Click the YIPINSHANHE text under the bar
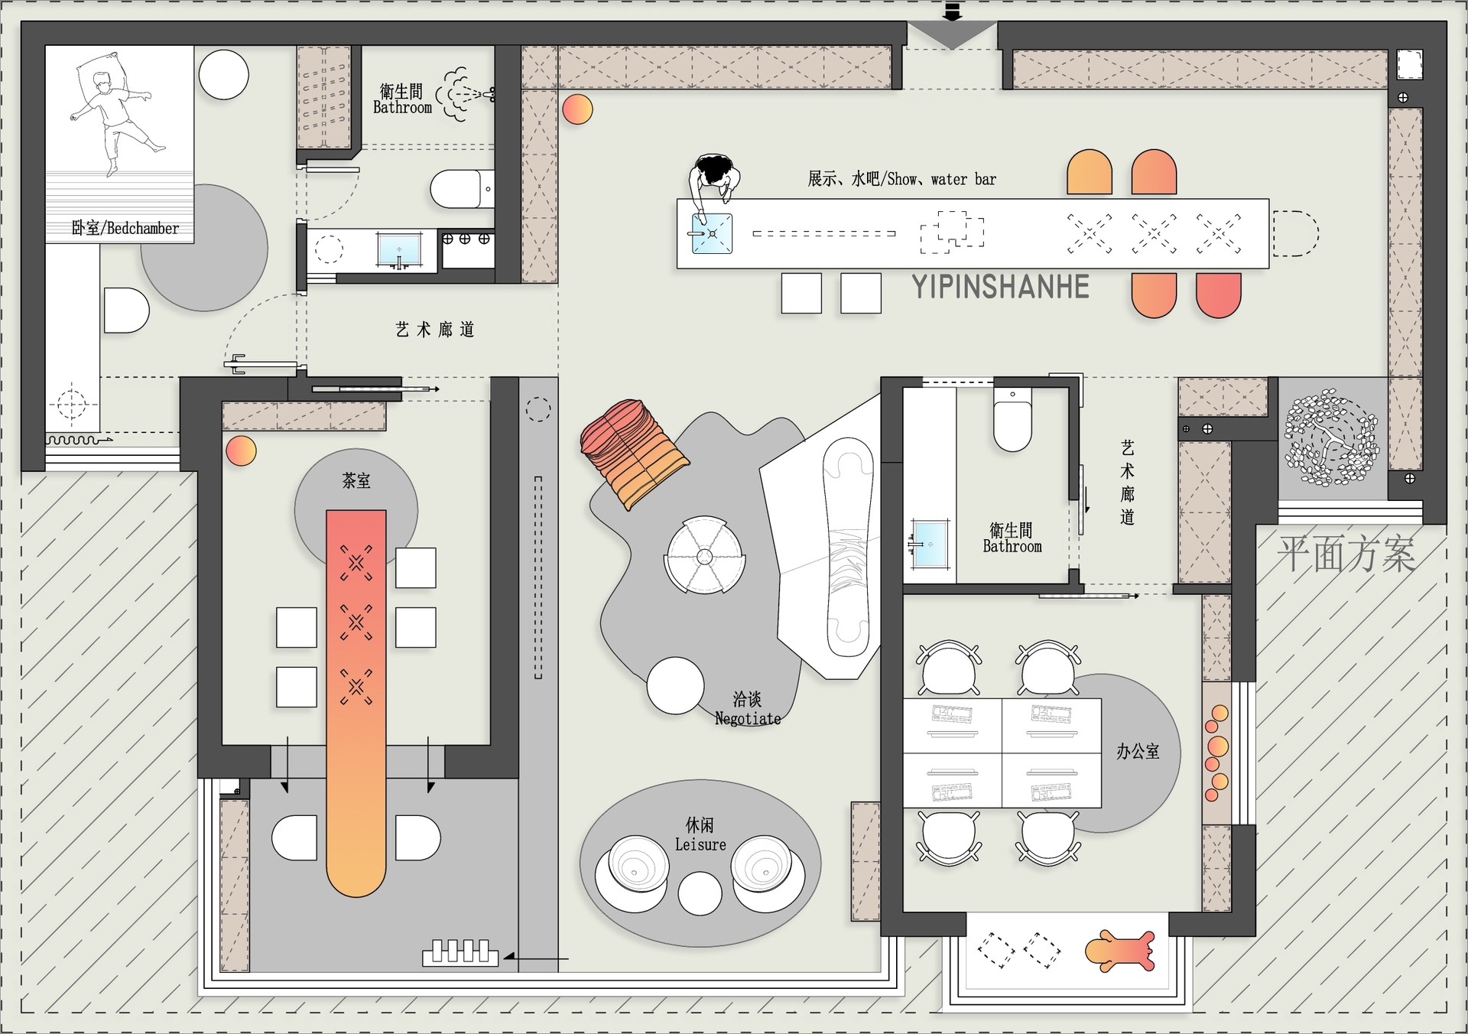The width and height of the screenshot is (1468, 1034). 1000,287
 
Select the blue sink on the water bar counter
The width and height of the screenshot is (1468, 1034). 712,233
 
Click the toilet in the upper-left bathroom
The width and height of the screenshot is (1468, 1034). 462,189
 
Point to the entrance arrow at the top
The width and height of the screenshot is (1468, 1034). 952,12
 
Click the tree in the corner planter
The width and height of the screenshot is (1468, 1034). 1332,438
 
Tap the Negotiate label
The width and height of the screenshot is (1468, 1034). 748,719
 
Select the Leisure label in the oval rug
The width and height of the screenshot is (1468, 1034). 700,844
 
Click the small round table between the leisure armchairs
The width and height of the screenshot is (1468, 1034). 700,893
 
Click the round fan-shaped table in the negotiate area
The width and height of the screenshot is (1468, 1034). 704,556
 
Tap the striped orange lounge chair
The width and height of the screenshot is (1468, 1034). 635,453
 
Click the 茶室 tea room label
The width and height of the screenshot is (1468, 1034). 356,481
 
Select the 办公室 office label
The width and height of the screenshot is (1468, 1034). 1138,752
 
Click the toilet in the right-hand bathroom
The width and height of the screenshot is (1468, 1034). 1012,418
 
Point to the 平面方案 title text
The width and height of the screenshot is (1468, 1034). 1346,554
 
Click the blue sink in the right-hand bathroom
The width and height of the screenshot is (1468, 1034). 930,544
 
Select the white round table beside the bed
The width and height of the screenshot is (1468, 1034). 224,74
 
